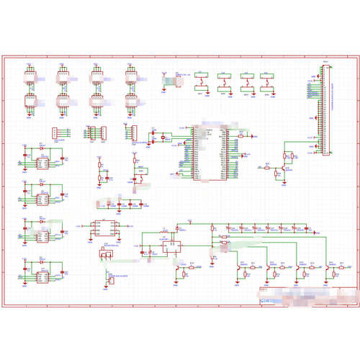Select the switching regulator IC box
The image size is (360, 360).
[173, 246]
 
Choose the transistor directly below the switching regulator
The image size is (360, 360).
[178, 271]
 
